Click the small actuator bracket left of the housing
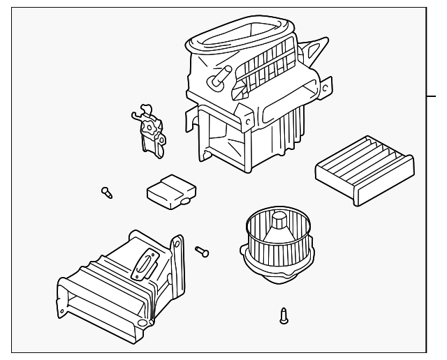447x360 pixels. click(x=149, y=130)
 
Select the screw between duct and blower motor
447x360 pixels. click(x=203, y=250)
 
